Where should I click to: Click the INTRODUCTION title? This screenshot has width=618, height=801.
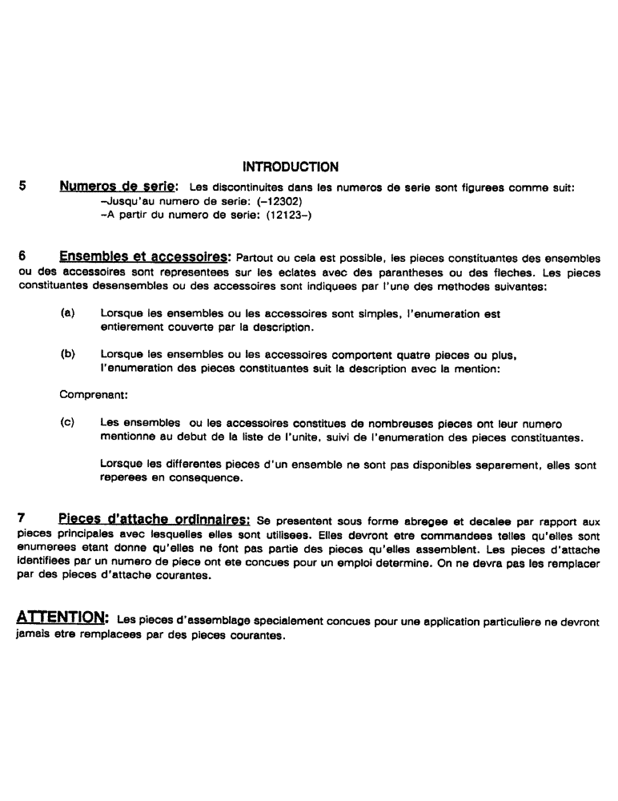tap(290, 167)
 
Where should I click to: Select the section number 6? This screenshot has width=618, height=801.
tap(22, 256)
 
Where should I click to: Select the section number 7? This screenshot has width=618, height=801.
tap(22, 518)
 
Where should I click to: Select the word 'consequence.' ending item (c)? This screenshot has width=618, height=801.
tap(211, 478)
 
